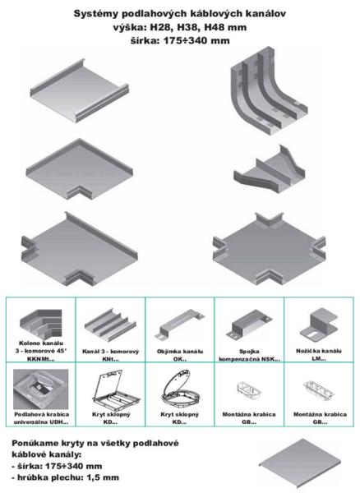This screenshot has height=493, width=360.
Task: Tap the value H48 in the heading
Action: (x=214, y=27)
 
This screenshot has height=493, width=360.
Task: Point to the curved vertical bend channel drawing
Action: (x=267, y=90)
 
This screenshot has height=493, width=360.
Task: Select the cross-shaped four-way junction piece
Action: (x=269, y=248)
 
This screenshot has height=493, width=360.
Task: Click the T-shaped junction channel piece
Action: (x=79, y=249)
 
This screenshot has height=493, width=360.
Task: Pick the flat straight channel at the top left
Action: (x=80, y=90)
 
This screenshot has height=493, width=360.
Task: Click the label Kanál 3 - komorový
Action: (x=110, y=351)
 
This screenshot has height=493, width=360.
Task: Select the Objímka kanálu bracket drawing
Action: (x=179, y=325)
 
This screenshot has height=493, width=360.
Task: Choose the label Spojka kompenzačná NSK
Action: (x=249, y=355)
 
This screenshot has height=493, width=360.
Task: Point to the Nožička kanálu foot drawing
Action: (x=319, y=324)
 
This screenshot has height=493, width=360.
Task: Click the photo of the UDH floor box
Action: (x=40, y=389)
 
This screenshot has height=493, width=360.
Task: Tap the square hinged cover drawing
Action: (x=116, y=390)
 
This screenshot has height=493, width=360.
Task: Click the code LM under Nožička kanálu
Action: (x=319, y=359)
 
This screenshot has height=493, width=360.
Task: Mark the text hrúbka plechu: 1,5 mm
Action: (x=68, y=477)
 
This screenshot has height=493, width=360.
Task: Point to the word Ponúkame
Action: (x=34, y=444)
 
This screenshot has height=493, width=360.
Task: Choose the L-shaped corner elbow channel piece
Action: (x=80, y=168)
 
